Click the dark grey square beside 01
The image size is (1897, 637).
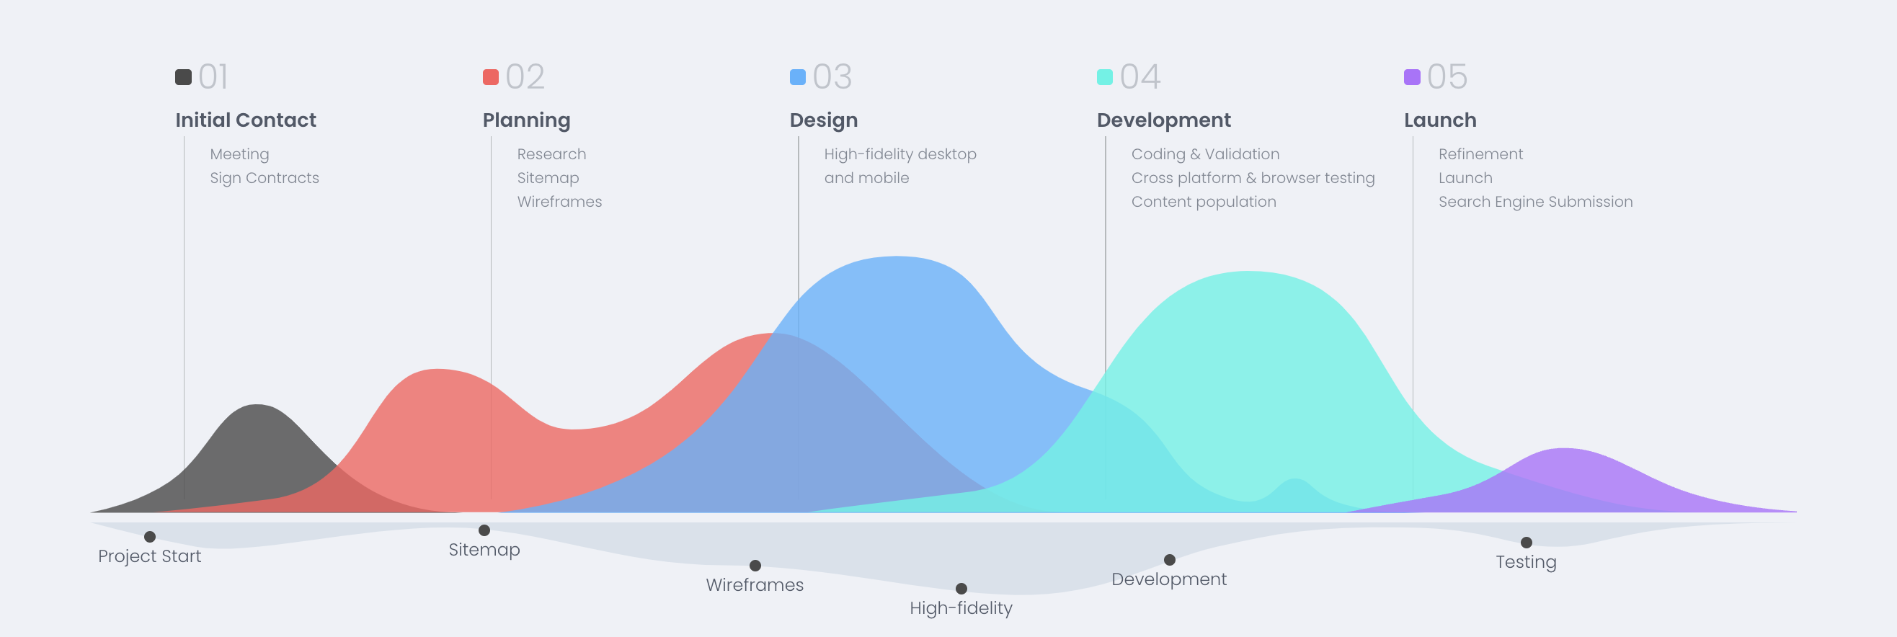pos(183,76)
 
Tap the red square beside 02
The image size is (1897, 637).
pos(490,76)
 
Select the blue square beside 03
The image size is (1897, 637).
pos(798,76)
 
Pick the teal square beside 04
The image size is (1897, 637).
pos(1105,76)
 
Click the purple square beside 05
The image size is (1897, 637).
pos(1412,76)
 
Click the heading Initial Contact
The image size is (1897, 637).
pos(245,120)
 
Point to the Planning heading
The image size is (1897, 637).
pos(527,121)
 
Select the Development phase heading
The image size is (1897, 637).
pos(1163,121)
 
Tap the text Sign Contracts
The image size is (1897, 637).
pos(265,178)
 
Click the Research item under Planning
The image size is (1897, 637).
pos(551,154)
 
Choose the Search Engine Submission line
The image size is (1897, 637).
pos(1535,202)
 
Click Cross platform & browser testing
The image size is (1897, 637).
pos(1253,178)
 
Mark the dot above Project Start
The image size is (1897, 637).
pos(149,537)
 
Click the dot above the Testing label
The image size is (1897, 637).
pos(1526,543)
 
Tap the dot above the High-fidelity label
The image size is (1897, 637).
pos(961,589)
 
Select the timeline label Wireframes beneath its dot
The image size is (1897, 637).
pos(755,584)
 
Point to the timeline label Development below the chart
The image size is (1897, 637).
pos(1169,579)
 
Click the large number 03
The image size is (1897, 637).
pos(832,76)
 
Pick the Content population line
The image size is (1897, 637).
pos(1204,202)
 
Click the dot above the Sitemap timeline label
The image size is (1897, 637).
pos(484,530)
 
